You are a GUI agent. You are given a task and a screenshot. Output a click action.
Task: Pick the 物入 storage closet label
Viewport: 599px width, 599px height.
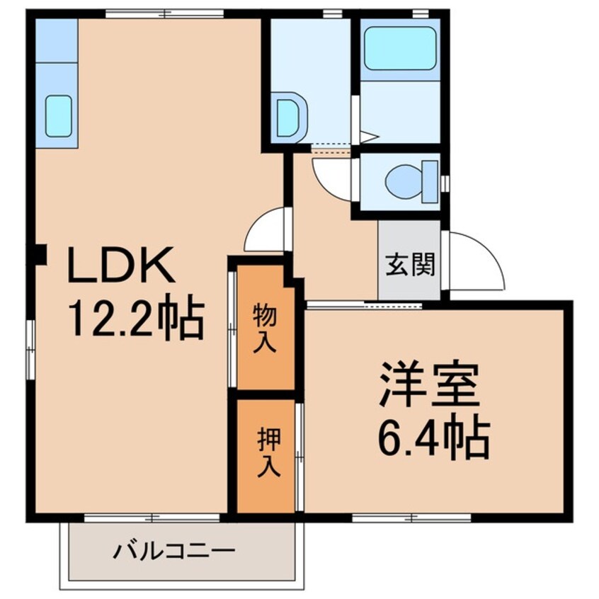tap(266, 328)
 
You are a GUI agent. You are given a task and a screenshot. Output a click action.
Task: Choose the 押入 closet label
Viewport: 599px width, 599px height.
tap(266, 454)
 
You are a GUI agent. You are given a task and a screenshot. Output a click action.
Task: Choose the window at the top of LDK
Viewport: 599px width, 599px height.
tap(164, 13)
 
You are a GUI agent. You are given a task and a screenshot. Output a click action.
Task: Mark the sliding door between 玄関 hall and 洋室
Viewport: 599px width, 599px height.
tap(364, 305)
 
